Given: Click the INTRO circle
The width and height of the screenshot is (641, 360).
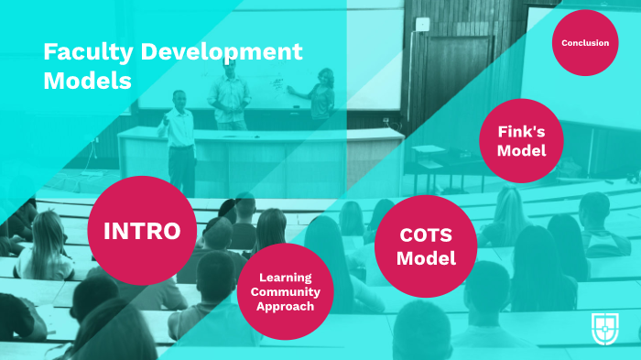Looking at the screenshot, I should (142, 230).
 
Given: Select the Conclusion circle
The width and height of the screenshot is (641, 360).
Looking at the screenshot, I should (585, 43).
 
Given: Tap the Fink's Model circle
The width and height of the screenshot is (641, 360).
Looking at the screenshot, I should (521, 140).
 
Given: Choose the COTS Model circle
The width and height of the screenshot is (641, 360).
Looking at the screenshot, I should (427, 246).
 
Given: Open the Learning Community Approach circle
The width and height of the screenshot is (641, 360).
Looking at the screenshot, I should (285, 291).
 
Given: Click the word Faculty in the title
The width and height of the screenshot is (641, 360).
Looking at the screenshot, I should (83, 52).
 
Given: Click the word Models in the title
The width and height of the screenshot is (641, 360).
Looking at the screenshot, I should (87, 81).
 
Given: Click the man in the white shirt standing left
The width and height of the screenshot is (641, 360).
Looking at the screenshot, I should (180, 137).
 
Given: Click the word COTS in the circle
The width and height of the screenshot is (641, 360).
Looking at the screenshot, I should (427, 235).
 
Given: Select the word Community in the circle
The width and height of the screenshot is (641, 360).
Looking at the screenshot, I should (285, 291).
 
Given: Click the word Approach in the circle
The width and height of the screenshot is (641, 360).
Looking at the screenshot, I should (285, 306).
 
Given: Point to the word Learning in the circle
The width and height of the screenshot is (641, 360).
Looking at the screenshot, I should (285, 277).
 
